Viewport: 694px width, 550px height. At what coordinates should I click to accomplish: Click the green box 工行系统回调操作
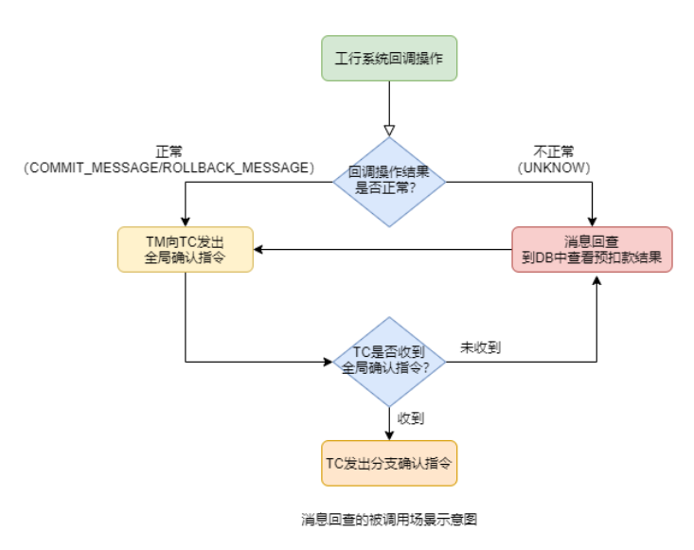[388, 58]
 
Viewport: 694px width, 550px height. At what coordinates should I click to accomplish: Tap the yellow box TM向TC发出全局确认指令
[186, 250]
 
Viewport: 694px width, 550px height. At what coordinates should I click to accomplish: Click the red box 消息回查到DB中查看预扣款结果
[592, 250]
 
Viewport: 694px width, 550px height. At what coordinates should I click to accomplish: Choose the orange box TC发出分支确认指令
[388, 463]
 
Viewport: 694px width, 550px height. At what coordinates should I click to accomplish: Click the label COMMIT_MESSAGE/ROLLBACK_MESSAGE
[169, 167]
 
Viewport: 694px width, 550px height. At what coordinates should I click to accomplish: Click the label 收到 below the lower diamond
[410, 417]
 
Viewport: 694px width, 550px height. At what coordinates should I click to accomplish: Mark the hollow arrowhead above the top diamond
[388, 130]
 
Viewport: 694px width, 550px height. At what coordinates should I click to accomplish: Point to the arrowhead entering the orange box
[388, 435]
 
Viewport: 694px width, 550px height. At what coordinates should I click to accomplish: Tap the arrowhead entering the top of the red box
[592, 222]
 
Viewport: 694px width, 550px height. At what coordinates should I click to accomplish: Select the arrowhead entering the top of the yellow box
[186, 222]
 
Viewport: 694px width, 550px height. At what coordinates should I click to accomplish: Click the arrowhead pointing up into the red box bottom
[597, 278]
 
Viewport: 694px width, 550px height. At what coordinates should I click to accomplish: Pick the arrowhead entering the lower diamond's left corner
[329, 362]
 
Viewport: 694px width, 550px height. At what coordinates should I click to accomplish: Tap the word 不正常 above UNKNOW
[554, 151]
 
